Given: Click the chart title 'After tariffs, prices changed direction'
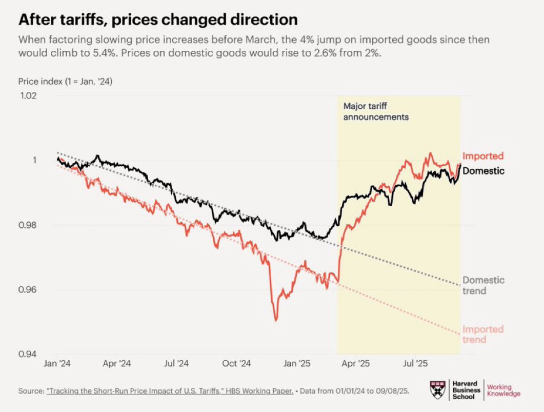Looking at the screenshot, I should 158,20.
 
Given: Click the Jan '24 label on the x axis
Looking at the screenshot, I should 57,364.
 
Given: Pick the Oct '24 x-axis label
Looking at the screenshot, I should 237,364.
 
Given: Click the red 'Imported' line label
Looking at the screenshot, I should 483,156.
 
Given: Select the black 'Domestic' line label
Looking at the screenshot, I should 483,171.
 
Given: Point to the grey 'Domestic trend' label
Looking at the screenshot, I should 483,285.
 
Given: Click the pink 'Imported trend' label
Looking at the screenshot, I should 483,334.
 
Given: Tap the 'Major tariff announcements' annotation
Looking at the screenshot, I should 376,112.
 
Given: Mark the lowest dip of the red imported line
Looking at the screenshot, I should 276,320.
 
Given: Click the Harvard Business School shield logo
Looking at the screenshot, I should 437,390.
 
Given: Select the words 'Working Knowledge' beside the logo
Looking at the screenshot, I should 503,390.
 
